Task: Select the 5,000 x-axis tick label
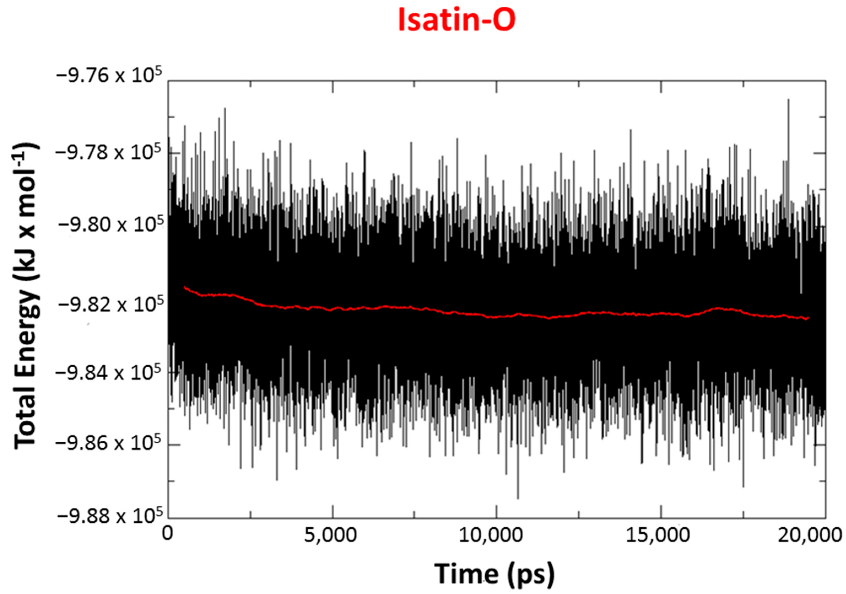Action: [x=330, y=535]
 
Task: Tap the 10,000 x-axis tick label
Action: [x=491, y=535]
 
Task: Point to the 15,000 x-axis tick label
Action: [x=658, y=535]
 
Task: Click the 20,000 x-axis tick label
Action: [x=811, y=535]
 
